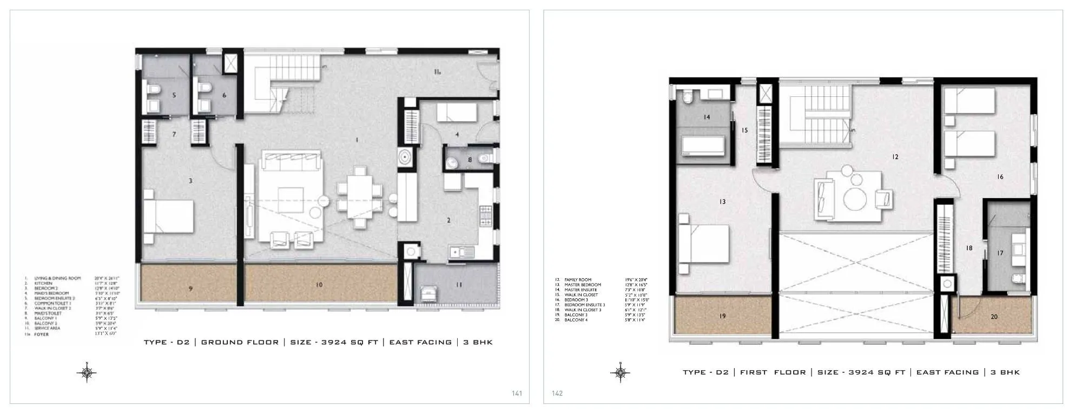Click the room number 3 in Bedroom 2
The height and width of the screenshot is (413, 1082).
190,181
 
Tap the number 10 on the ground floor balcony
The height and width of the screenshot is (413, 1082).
319,285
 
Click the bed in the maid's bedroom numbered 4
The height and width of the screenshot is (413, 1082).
457,113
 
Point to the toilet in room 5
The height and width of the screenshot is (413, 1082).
152,89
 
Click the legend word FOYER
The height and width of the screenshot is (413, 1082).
42,335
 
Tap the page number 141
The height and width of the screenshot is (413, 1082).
517,394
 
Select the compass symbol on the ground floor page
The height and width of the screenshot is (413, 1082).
87,372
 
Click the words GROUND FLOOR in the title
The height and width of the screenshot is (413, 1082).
240,342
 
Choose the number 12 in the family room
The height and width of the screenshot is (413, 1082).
895,157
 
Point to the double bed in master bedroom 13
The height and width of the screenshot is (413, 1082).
704,243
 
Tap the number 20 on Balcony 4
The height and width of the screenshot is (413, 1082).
994,317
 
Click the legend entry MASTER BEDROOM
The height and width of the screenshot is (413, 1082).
583,285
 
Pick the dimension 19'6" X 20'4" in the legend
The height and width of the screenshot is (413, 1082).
636,280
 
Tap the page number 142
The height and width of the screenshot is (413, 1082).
557,394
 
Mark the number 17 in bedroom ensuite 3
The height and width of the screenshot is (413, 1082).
1000,253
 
